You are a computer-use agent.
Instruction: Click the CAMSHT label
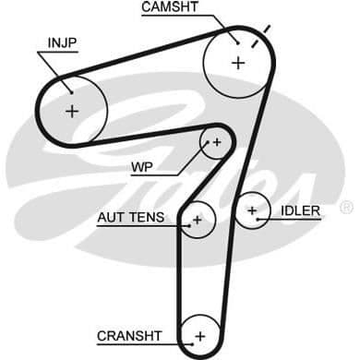pyautogui.click(x=170, y=7)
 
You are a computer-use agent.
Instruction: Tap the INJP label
pyautogui.click(x=63, y=43)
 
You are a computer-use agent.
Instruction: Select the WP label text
pyautogui.click(x=142, y=167)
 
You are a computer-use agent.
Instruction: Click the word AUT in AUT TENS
pyautogui.click(x=110, y=218)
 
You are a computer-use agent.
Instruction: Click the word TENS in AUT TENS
pyautogui.click(x=146, y=218)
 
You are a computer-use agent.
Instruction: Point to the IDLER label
pyautogui.click(x=300, y=210)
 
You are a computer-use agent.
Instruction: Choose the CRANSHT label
pyautogui.click(x=129, y=336)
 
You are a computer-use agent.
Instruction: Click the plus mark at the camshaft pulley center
pyautogui.click(x=238, y=63)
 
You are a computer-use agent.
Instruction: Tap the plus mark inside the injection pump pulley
pyautogui.click(x=72, y=111)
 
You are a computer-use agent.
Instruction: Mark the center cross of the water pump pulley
pyautogui.click(x=217, y=142)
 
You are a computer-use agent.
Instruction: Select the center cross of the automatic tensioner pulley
pyautogui.click(x=197, y=220)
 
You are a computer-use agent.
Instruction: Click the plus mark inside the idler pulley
pyautogui.click(x=252, y=210)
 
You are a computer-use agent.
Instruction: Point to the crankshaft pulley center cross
pyautogui.click(x=200, y=336)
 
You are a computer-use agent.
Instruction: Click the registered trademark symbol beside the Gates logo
pyautogui.click(x=346, y=207)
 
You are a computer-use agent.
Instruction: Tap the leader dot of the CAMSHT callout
pyautogui.click(x=238, y=43)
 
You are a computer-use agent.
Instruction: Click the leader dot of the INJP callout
pyautogui.click(x=71, y=91)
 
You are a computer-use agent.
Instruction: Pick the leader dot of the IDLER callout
pyautogui.click(x=258, y=220)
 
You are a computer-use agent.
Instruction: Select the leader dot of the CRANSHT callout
pyautogui.click(x=193, y=344)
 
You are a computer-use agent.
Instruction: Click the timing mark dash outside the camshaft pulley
pyautogui.click(x=267, y=30)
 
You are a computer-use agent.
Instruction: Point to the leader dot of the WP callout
pyautogui.click(x=208, y=142)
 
